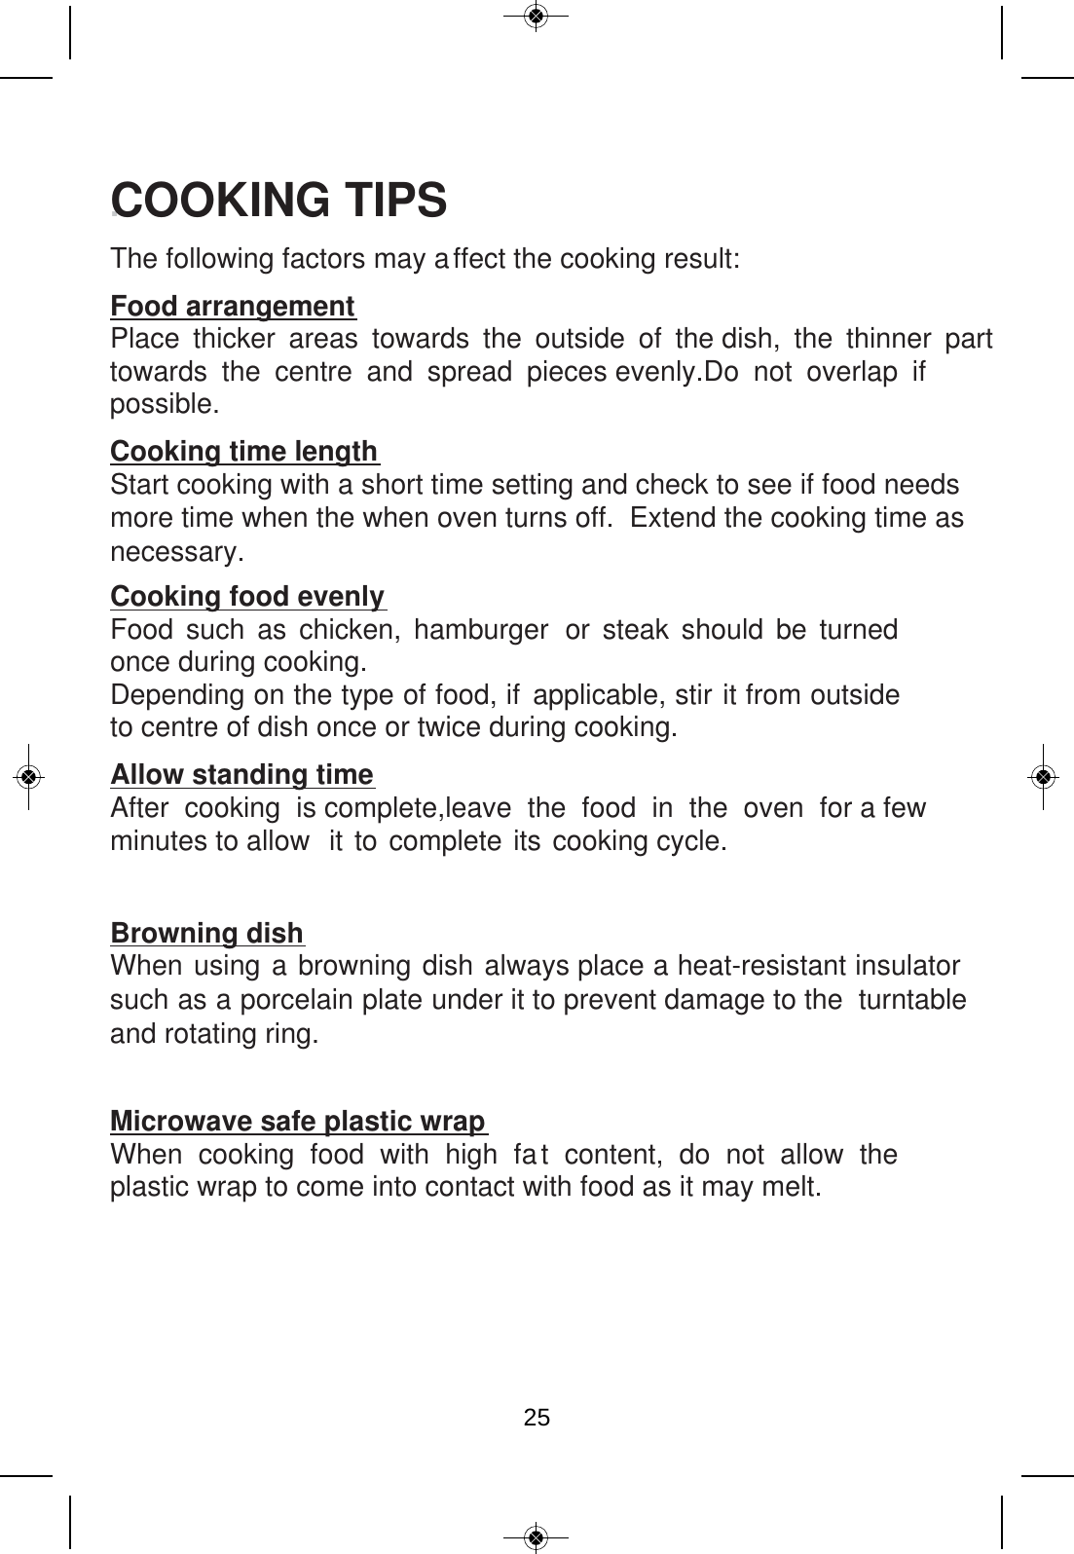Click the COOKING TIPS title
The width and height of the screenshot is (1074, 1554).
point(280,200)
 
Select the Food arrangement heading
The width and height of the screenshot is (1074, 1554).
point(233,307)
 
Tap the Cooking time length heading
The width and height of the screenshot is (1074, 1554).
point(243,452)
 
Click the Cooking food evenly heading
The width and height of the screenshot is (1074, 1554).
point(248,596)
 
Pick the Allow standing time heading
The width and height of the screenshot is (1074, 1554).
point(241,775)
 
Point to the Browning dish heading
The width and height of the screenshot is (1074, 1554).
point(207,934)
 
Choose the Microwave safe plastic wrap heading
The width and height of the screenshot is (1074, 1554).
point(298,1122)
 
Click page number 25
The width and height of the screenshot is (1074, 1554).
point(537,1418)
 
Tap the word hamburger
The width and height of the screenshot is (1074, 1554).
point(480,630)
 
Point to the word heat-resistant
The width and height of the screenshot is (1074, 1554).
point(761,967)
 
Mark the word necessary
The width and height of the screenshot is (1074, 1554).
point(175,553)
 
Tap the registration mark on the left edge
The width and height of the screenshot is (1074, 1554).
point(29,776)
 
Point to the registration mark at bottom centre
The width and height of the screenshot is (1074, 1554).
point(536,1536)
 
